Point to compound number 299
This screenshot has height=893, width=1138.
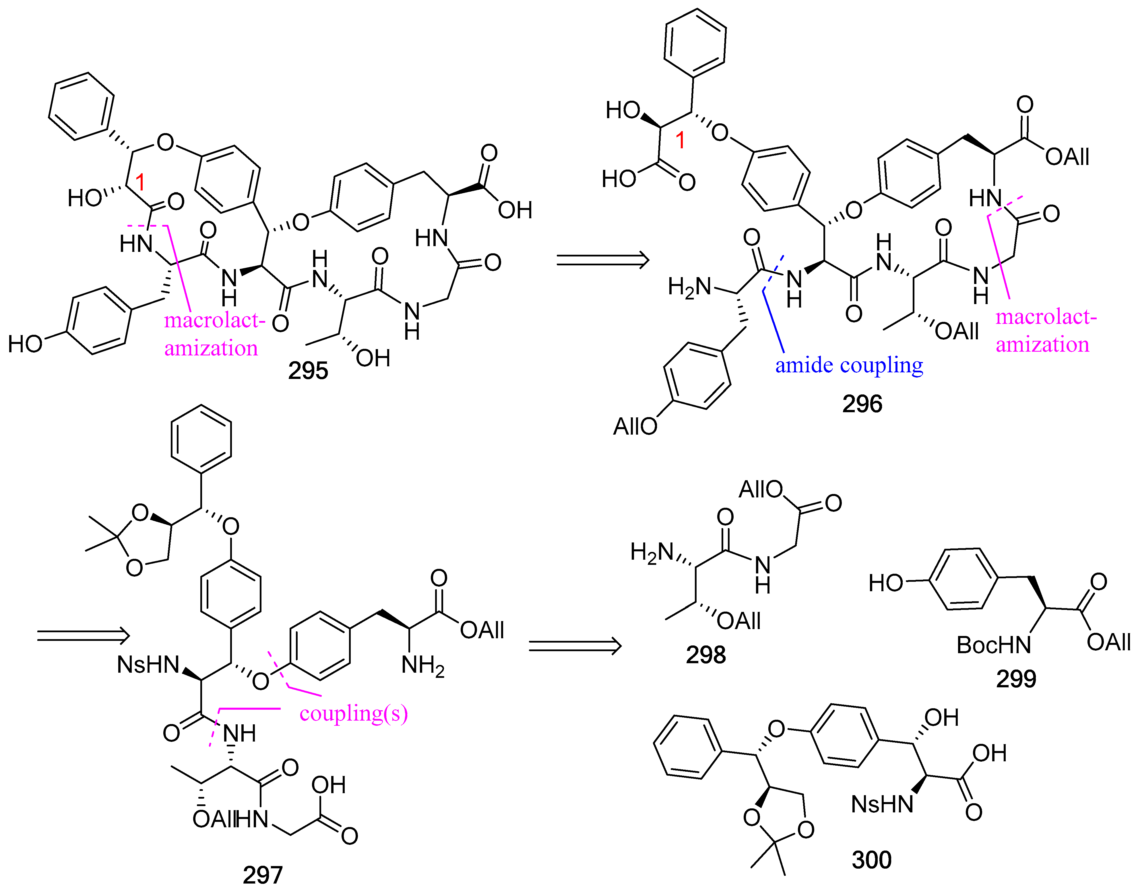coord(1016,679)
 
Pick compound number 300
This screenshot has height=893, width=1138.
coord(871,859)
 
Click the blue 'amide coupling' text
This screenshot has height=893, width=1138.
coord(849,365)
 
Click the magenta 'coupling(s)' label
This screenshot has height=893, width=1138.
coord(354,714)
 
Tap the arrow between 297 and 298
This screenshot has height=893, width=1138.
coord(575,646)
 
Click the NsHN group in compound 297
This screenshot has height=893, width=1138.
coord(148,665)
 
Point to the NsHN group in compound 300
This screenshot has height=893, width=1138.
coord(882,804)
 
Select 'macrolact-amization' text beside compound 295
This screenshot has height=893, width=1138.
coord(211,334)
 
